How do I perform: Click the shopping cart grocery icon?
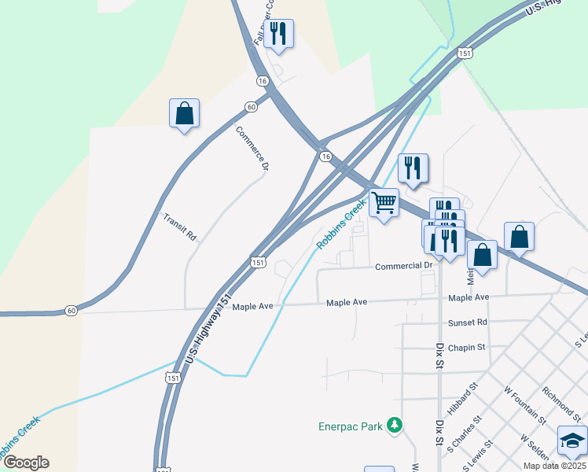[384, 203]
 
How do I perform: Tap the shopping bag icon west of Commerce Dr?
[184, 113]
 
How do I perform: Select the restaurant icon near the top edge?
[277, 34]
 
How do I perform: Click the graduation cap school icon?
[572, 441]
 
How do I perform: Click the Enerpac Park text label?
[350, 427]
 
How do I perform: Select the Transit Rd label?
[179, 227]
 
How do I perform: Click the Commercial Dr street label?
[404, 266]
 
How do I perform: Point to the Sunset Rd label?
[468, 322]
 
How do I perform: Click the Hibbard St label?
[462, 398]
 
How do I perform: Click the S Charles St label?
[460, 437]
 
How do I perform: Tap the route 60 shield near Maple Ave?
[72, 311]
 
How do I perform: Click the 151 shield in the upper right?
[465, 53]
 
